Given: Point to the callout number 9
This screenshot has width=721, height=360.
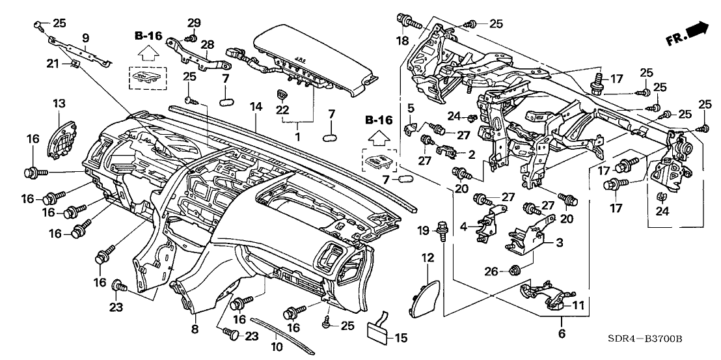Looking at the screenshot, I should click(85, 37).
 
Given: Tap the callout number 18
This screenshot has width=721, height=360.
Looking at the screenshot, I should click(403, 41).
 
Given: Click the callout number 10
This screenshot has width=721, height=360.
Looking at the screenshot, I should click(277, 347).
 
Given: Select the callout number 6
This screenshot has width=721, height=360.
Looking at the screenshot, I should click(561, 334).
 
